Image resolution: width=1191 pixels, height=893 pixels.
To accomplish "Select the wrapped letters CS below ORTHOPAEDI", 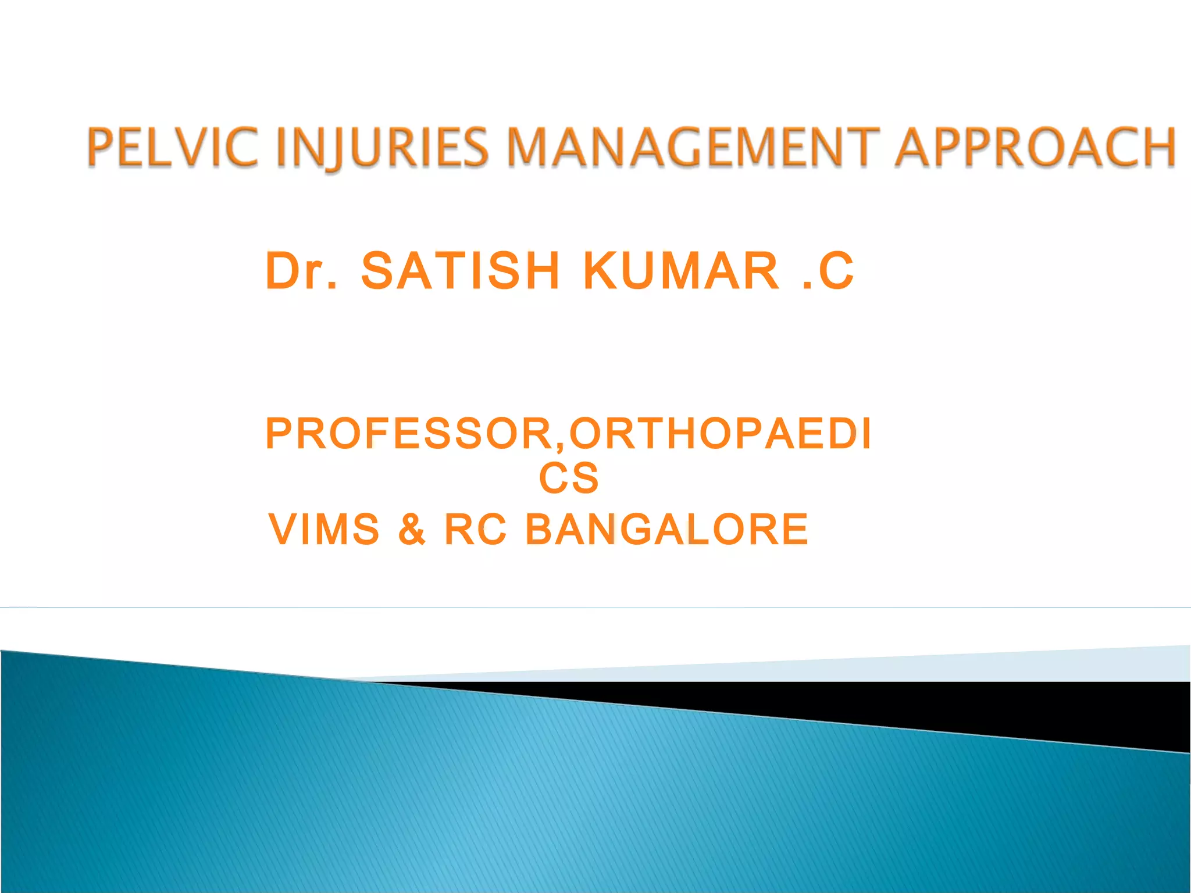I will [568, 478].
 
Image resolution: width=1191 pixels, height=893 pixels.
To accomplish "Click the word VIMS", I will [324, 529].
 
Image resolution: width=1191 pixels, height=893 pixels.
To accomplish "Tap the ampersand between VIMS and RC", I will [412, 529].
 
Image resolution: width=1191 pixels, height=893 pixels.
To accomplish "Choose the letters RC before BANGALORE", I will [475, 529].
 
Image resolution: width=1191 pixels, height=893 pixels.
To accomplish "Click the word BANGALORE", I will [666, 529].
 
